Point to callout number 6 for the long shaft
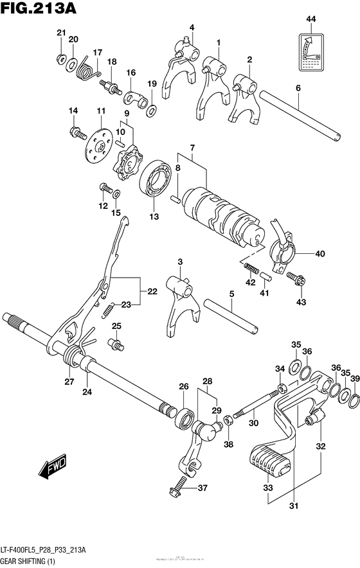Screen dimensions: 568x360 (298, 88)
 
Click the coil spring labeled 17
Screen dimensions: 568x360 (84, 68)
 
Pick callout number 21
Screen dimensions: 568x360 (60, 33)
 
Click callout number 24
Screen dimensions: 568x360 (87, 391)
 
